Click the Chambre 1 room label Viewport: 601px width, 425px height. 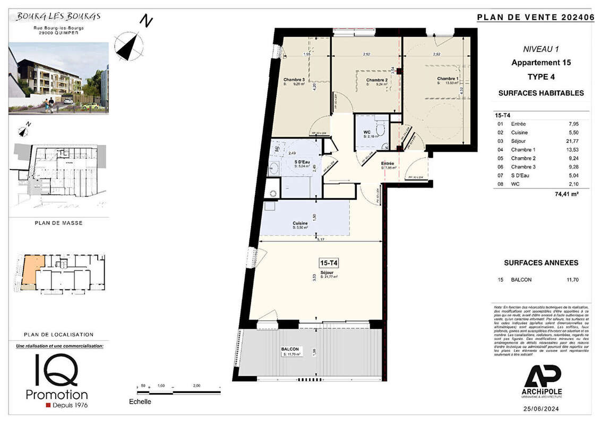[x=448, y=79]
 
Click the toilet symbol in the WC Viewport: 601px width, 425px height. [x=379, y=128]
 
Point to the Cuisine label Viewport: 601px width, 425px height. [x=301, y=223]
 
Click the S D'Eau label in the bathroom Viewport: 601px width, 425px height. [x=303, y=162]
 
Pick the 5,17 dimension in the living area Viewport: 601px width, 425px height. [x=320, y=240]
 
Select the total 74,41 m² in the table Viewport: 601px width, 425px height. [x=566, y=195]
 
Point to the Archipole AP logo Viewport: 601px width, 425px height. [x=543, y=377]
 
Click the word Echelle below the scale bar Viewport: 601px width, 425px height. [x=140, y=402]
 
